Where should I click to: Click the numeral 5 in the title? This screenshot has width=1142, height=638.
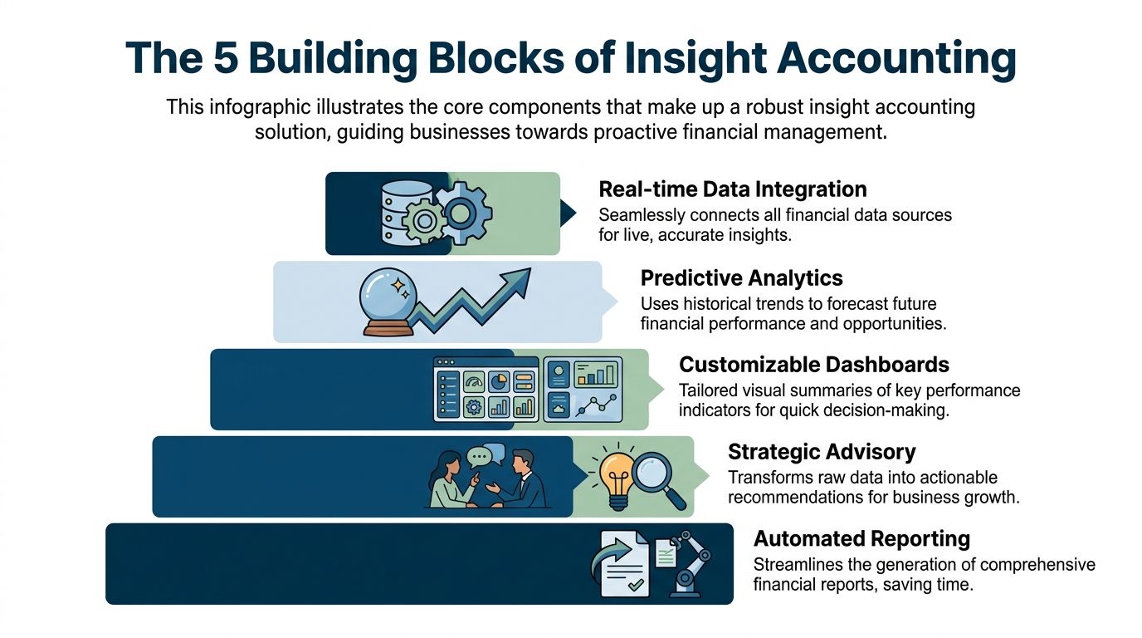(x=217, y=58)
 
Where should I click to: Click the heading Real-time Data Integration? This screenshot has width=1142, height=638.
(x=732, y=189)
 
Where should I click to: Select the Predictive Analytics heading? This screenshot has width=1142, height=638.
(x=741, y=277)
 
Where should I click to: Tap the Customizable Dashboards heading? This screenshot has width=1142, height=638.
(x=813, y=365)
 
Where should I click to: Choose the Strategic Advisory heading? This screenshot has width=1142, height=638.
(x=822, y=452)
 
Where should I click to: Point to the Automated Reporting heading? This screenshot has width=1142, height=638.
(x=861, y=538)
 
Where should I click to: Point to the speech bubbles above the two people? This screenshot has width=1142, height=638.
(x=486, y=455)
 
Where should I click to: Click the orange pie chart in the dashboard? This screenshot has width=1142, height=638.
(x=499, y=381)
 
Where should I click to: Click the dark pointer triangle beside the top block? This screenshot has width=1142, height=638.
(x=569, y=213)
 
